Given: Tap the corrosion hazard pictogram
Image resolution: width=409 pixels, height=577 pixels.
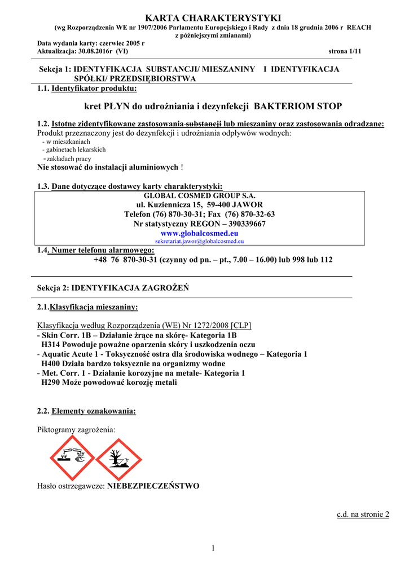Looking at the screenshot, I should point(72,458).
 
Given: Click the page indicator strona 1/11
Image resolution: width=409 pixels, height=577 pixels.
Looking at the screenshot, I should point(344,51).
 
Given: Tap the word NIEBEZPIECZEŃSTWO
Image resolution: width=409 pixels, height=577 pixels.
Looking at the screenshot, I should point(153,486).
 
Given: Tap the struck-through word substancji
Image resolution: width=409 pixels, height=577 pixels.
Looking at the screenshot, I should point(204,124).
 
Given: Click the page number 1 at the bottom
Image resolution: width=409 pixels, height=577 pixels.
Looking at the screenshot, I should point(213,548).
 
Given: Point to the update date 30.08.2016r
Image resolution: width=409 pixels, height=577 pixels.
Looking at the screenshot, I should point(96,51).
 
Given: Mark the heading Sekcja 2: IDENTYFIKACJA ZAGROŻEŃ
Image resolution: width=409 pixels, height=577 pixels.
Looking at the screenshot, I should point(113,288).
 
